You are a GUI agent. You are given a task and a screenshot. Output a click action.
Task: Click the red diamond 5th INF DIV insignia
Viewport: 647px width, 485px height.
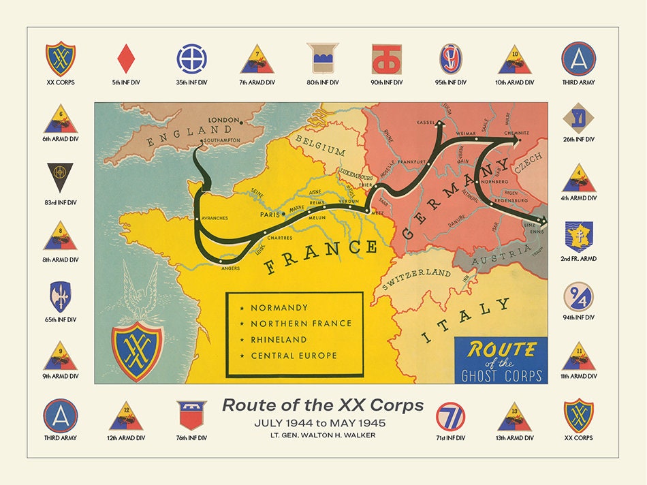click(125, 59)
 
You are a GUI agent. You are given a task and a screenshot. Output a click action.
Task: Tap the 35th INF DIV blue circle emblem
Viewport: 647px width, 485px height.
click(191, 59)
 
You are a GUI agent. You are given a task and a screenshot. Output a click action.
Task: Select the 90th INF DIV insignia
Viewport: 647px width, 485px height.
click(386, 59)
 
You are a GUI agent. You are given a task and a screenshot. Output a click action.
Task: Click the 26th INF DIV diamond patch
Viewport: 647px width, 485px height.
click(578, 118)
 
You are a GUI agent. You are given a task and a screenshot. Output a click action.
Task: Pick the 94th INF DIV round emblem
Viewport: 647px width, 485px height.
click(578, 297)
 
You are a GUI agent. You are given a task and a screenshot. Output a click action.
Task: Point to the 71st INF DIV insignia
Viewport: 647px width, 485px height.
click(450, 416)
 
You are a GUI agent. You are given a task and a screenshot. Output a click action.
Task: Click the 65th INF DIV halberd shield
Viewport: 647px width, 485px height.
click(61, 297)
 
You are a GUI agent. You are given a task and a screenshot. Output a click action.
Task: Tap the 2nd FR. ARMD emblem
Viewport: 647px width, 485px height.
click(578, 236)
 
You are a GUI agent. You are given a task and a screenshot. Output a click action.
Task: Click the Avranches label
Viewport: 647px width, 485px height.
click(215, 218)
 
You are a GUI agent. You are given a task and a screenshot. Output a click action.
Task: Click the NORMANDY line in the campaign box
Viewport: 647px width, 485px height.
click(279, 308)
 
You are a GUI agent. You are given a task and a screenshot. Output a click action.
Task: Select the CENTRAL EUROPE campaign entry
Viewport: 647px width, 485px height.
click(294, 356)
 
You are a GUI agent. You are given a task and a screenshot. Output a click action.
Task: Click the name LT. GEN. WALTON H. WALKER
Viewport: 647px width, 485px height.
click(322, 435)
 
